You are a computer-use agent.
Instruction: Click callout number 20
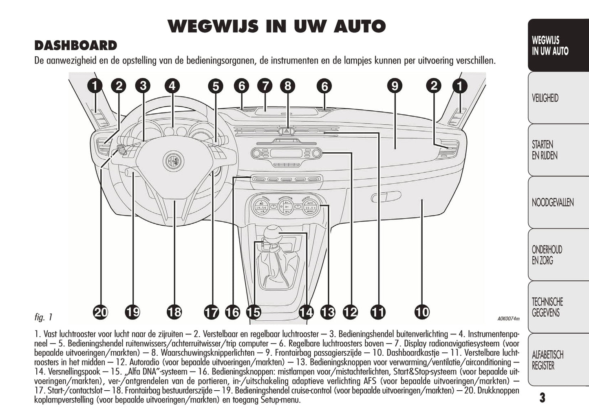tap(100, 312)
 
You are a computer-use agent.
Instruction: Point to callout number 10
tap(422, 312)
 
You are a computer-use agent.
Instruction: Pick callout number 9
tap(395, 86)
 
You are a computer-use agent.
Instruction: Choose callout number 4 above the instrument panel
tap(172, 86)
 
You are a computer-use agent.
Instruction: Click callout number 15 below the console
tap(253, 312)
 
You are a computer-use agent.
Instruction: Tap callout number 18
tap(174, 312)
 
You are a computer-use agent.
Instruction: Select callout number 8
tap(288, 86)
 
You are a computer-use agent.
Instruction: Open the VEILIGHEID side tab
tap(545, 98)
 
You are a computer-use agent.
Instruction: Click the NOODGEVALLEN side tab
tap(552, 202)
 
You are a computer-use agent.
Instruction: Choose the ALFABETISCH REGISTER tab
tap(547, 360)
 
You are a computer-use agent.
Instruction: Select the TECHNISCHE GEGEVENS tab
tap(547, 307)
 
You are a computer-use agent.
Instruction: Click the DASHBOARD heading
tap(76, 46)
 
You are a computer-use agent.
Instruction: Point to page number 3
tap(542, 398)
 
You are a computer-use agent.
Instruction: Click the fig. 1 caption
tap(44, 317)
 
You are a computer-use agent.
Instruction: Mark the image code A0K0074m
tap(508, 319)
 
